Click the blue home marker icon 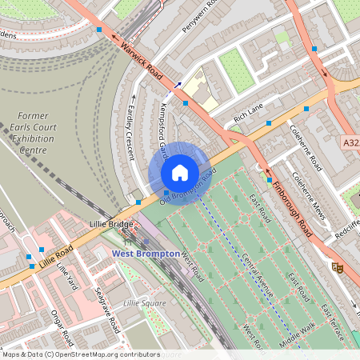[x=180, y=172]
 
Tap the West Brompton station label [x=143, y=253]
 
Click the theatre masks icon [x=338, y=267]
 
